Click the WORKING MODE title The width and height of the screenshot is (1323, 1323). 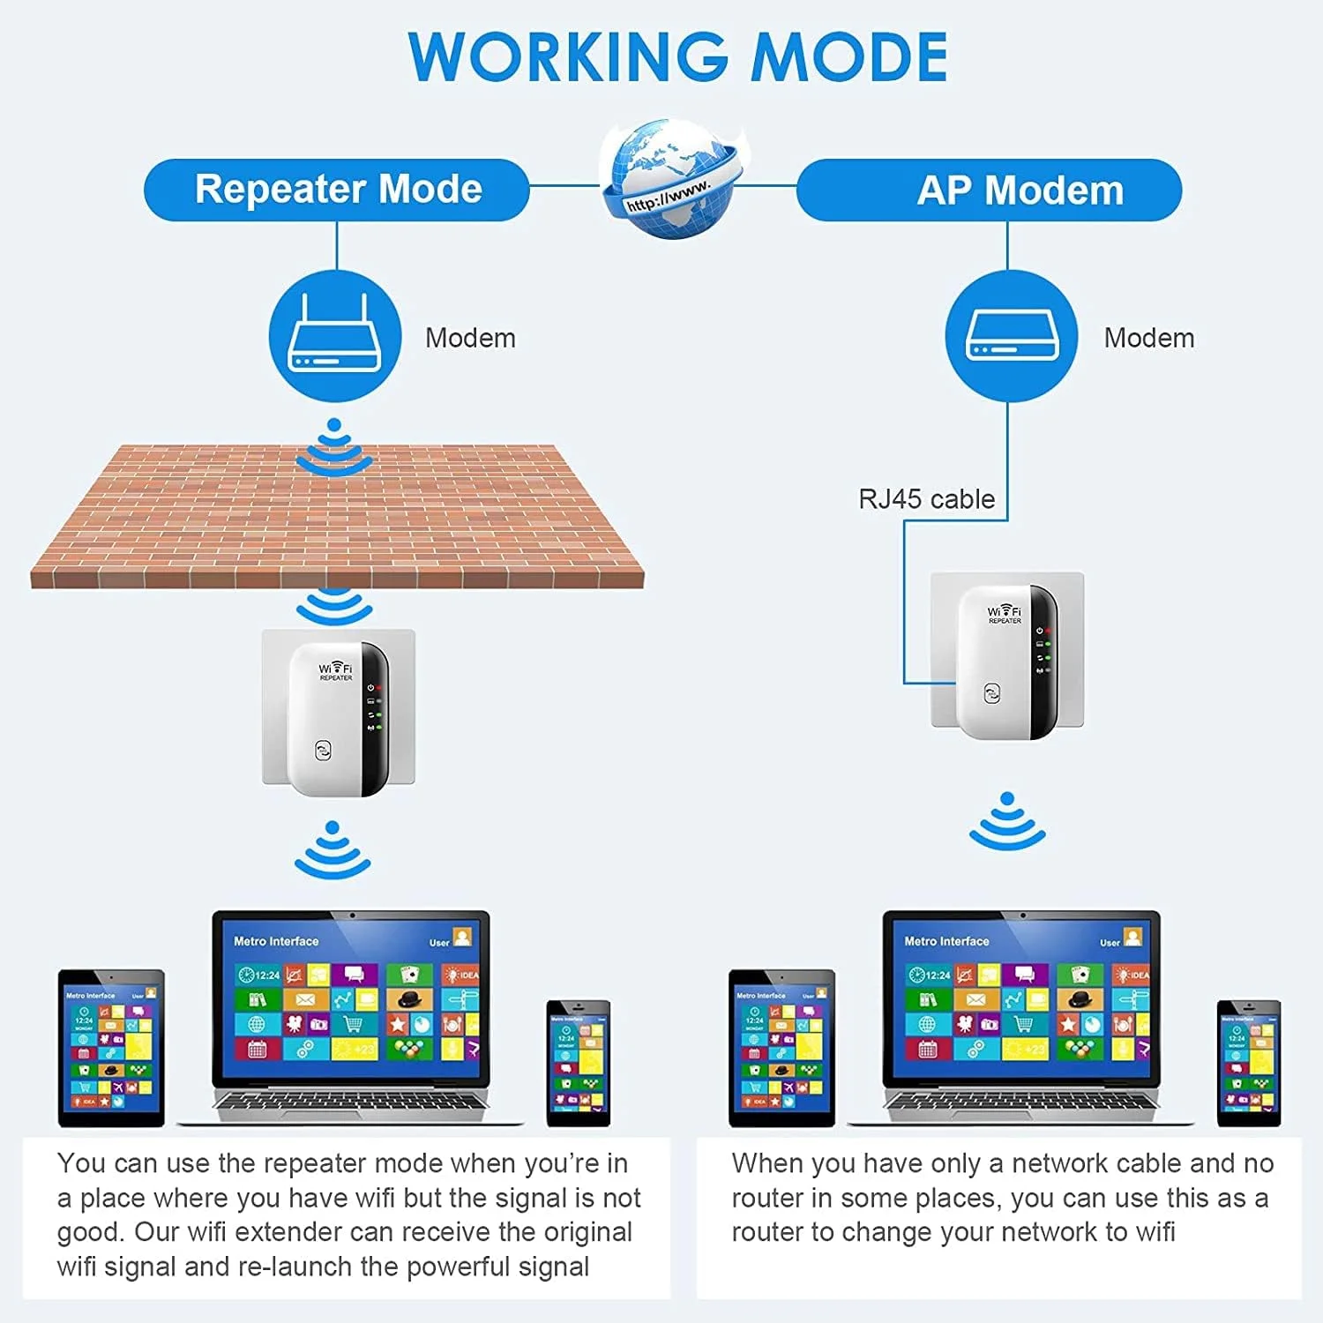pos(677,57)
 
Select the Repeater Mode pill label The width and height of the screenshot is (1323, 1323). pos(338,190)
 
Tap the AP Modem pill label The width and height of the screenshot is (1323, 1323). pos(1020,191)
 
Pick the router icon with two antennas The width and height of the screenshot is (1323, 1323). pos(335,336)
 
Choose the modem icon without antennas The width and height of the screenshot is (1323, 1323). pos(1011,336)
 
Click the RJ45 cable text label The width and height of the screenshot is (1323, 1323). pos(926,499)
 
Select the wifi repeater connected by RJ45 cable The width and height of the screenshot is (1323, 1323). pos(1007,661)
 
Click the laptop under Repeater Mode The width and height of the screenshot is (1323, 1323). pos(350,1019)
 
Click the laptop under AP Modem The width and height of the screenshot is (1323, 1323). pos(1021,1019)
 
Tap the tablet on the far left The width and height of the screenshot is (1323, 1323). pos(111,1047)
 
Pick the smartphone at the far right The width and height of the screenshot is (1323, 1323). pos(1248,1063)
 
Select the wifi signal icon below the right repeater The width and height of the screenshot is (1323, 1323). pos(1007,822)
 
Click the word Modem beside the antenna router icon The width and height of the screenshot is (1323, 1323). pos(470,338)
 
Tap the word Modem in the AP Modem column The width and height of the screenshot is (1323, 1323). pos(1148,338)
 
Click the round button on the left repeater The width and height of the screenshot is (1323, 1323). pos(323,751)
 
